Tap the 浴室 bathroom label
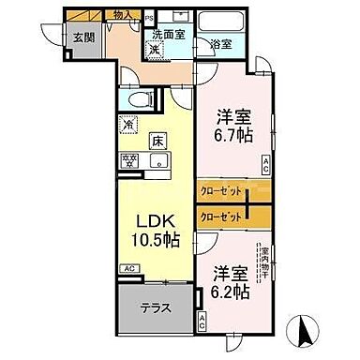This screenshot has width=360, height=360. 221,43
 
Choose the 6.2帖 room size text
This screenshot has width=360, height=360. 229,292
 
